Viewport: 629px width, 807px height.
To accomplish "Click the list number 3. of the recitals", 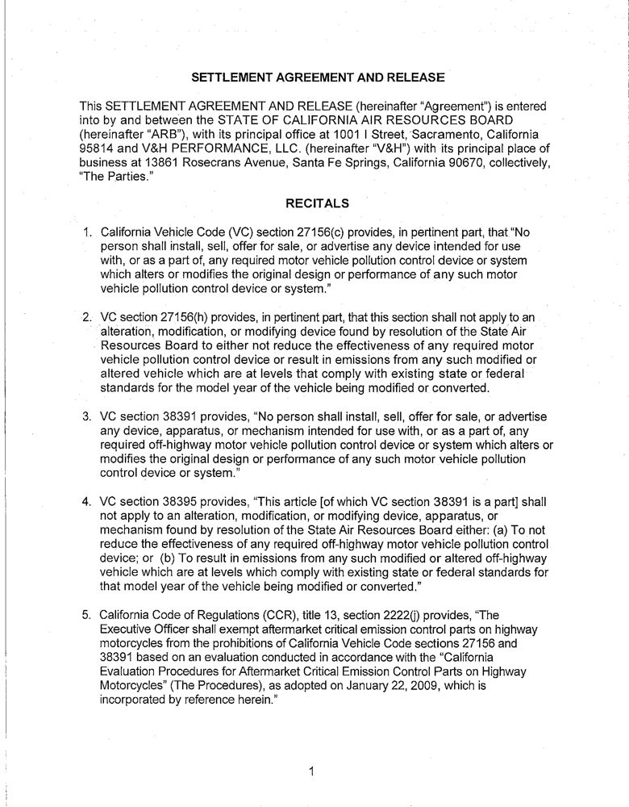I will pos(89,416).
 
